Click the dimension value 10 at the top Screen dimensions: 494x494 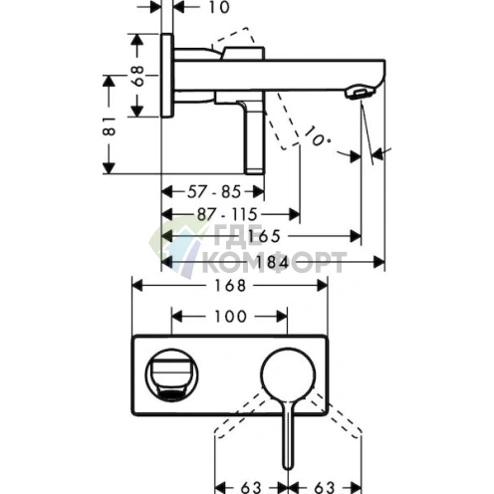[219, 7]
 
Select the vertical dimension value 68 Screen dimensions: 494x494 [137, 76]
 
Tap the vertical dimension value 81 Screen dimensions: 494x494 [109, 125]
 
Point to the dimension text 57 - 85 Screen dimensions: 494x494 [214, 191]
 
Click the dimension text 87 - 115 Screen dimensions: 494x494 [227, 214]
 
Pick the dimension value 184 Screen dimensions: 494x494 [273, 263]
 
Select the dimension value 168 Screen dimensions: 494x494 [230, 286]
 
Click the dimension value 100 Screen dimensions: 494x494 [231, 316]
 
